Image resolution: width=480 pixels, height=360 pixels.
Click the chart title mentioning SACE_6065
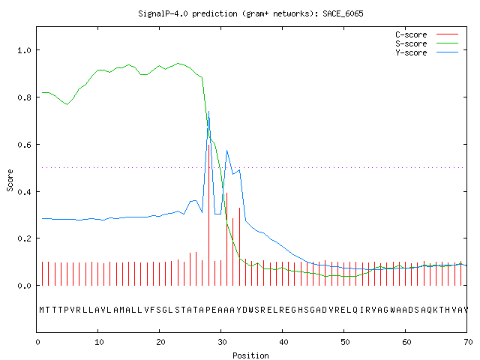coord(250,13)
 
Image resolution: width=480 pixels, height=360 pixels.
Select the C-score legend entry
coord(427,34)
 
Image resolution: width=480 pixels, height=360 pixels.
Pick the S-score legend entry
coord(427,43)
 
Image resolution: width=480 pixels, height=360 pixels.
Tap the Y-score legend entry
coord(427,52)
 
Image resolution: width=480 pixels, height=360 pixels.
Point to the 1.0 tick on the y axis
coord(25,50)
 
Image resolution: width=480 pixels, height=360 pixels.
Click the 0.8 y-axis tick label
coord(25,97)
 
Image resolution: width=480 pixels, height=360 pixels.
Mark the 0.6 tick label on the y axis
coord(25,145)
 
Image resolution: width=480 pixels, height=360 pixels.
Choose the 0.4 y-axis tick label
coord(25,192)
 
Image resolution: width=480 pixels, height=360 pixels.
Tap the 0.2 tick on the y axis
coord(25,238)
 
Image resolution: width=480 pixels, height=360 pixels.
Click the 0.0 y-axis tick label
coord(25,286)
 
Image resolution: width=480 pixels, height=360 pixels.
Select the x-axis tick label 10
coord(99,342)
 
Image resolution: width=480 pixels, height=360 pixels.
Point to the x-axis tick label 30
coord(222,342)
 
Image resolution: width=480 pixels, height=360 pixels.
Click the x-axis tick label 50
coord(345,342)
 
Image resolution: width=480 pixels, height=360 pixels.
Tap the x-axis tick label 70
coord(468,342)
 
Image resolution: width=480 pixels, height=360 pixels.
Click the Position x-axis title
coord(250,355)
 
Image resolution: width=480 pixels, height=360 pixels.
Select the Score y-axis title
coord(10,180)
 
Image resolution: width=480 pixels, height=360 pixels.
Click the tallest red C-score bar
coord(208,215)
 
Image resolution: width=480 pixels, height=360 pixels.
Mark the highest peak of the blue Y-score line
coord(208,112)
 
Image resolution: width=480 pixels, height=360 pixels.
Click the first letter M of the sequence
coord(42,310)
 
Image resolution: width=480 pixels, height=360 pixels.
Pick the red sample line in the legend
coord(447,34)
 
